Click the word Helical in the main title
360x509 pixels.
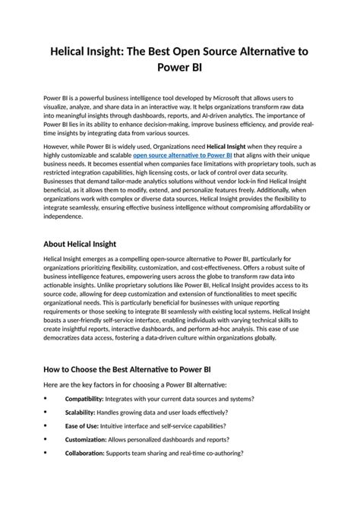pyautogui.click(x=74, y=50)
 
